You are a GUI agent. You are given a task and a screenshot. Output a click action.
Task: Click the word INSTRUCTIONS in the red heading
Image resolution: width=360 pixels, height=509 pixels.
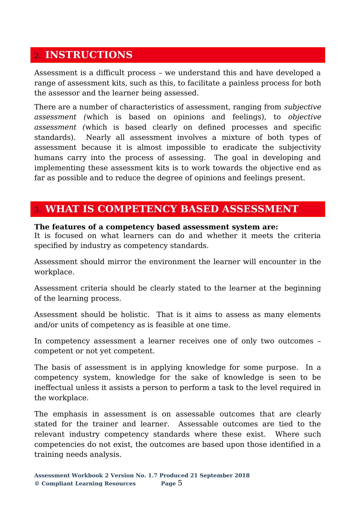click(x=89, y=55)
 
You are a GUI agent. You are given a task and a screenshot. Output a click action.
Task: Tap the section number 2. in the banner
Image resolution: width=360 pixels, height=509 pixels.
click(x=38, y=56)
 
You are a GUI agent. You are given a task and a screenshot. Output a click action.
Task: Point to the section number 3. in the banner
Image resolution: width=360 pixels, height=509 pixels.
click(x=38, y=210)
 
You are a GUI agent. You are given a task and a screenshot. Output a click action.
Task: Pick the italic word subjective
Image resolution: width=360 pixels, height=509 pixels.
click(x=302, y=107)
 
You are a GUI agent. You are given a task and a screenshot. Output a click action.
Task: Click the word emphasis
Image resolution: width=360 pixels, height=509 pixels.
click(x=70, y=414)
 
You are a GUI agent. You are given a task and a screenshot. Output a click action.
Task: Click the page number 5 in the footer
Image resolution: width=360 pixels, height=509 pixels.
click(x=180, y=483)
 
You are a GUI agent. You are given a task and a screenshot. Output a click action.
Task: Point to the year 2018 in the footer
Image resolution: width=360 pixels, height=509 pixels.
click(x=242, y=475)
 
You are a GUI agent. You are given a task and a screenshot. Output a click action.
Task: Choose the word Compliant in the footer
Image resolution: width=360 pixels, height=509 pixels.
click(x=57, y=484)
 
